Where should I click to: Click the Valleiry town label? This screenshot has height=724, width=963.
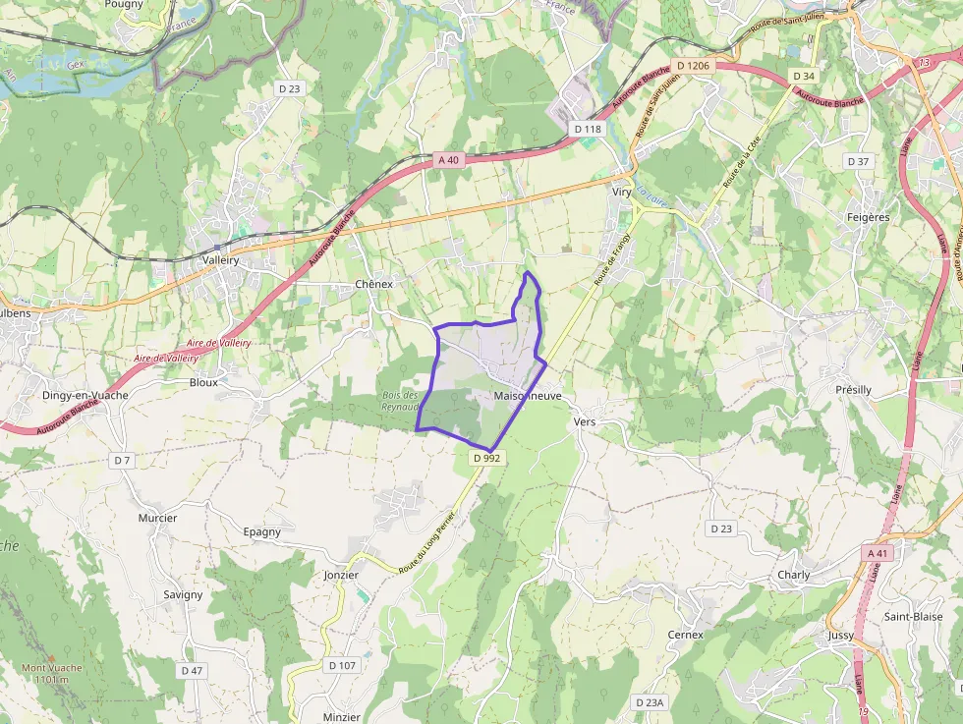coord(221,260)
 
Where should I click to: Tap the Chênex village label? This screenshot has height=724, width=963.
coord(373,284)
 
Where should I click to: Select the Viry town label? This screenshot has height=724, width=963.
coord(621,193)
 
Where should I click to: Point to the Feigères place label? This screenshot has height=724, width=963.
coord(868,217)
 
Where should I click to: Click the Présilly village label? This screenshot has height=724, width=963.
coord(853,390)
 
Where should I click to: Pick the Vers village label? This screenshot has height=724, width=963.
coord(584,421)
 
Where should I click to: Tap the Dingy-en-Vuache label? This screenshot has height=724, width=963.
coord(85,395)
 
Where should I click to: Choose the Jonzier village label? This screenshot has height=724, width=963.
coord(341,575)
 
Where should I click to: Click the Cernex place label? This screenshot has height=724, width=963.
coord(685,635)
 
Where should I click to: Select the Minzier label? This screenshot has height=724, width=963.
coord(342,717)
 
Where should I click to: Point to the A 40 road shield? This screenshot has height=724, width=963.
coord(449,159)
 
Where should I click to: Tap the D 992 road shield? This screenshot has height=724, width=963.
coord(486,458)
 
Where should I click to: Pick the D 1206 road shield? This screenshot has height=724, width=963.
coord(693,66)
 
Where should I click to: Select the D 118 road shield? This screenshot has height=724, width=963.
coord(587,129)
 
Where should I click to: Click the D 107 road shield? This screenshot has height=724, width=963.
coord(341,665)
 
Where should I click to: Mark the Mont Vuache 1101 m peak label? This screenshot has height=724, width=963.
coord(51,673)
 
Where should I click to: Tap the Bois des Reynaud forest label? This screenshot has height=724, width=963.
coord(400,401)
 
